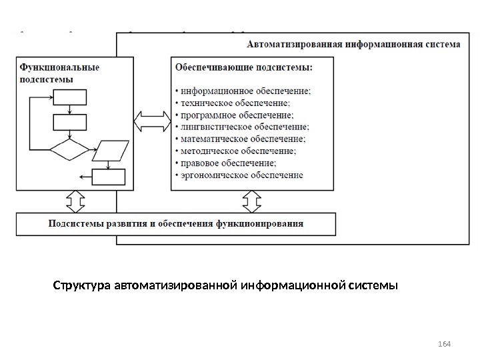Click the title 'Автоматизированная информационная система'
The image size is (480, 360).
[353, 46]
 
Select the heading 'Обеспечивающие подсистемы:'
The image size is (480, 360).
[243, 67]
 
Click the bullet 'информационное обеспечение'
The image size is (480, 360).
[244, 91]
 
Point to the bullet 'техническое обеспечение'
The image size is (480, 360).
[233, 103]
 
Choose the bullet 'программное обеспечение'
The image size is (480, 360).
[237, 115]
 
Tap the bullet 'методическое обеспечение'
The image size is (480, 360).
[236, 151]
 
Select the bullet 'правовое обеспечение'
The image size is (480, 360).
[227, 163]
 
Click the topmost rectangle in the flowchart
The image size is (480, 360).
[70, 97]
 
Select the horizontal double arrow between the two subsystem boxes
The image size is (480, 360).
[152, 123]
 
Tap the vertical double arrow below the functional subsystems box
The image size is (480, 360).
[73, 201]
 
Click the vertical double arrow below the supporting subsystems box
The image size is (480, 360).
[252, 201]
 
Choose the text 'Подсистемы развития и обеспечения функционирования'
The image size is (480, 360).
[175, 224]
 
